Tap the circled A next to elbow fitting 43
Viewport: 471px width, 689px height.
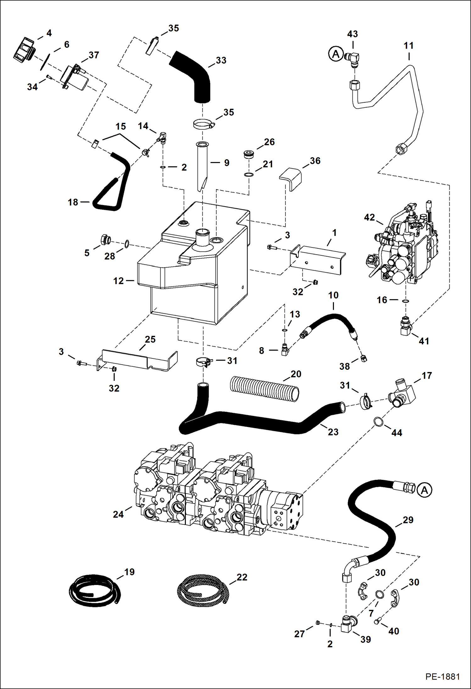(336, 54)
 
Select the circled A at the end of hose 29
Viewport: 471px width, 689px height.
(424, 490)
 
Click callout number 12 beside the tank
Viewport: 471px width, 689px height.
(118, 281)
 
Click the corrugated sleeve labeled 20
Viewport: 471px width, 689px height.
(264, 389)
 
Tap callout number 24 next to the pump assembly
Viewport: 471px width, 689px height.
(118, 514)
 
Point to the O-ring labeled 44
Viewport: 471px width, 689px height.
(379, 422)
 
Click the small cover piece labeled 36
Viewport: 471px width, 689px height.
(291, 178)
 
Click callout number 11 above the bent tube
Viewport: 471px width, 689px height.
(408, 46)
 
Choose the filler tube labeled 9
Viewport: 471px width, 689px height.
(202, 165)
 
